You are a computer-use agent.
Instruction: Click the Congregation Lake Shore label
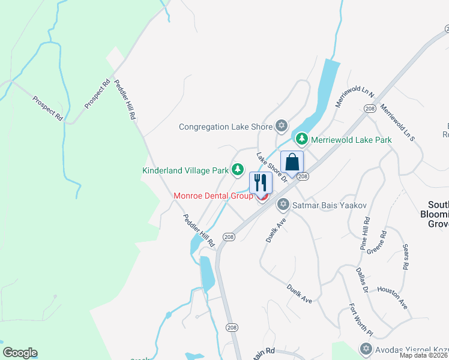[226, 127]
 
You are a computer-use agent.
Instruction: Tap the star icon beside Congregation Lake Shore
[281, 126]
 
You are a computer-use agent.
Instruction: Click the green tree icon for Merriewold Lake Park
[301, 140]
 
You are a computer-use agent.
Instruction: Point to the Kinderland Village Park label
[185, 170]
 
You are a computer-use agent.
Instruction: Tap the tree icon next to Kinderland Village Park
[238, 170]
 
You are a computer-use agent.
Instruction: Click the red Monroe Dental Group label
[213, 196]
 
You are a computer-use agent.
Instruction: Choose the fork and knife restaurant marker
[261, 182]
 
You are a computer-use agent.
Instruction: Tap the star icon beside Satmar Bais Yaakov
[283, 205]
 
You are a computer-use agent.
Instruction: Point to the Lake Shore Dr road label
[272, 169]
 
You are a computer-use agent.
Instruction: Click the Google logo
[20, 353]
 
